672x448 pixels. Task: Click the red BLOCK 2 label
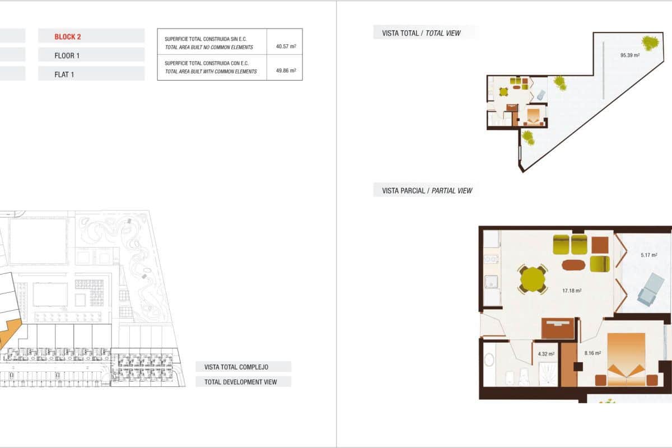[68, 37]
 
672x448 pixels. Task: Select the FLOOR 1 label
[67, 55]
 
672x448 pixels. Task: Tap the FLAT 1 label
[64, 74]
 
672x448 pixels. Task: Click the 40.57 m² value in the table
[286, 46]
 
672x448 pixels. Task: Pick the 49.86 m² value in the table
[286, 71]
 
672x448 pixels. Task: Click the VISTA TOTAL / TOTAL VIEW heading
[421, 33]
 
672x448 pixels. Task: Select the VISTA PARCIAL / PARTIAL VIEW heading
[427, 190]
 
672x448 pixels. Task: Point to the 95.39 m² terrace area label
[629, 55]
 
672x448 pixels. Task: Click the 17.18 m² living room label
[571, 291]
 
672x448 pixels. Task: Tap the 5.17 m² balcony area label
[648, 255]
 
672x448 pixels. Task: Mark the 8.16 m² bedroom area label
[592, 353]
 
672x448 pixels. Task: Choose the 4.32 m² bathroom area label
[545, 353]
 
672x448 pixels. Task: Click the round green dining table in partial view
[533, 278]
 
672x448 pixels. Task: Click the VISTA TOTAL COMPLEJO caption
[236, 367]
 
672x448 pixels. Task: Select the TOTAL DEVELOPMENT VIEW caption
[241, 382]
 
